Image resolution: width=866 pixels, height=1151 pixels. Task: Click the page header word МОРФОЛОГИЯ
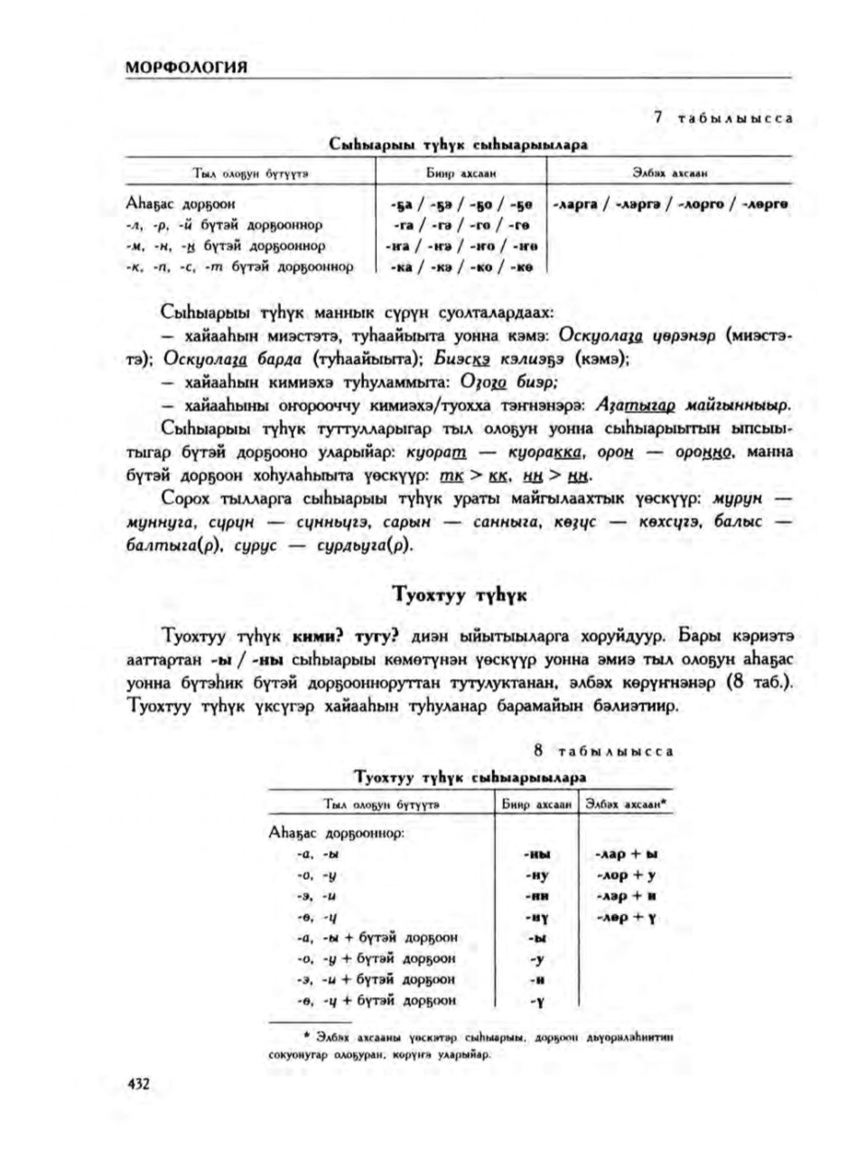[x=187, y=69]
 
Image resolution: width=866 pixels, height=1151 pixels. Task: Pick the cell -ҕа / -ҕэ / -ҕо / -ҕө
[x=457, y=204]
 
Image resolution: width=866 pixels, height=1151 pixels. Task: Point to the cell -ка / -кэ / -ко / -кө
[x=457, y=267]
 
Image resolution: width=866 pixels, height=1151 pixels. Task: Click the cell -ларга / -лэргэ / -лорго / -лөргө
[x=669, y=204]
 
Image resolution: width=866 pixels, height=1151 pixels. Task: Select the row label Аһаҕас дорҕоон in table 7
[x=182, y=204]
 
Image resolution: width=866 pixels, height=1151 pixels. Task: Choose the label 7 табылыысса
[x=722, y=118]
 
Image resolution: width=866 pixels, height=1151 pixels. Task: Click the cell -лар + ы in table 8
[x=626, y=854]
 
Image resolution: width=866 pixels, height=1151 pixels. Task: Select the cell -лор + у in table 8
[x=626, y=875]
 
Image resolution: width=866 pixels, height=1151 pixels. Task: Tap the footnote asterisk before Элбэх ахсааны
[x=308, y=1035]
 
